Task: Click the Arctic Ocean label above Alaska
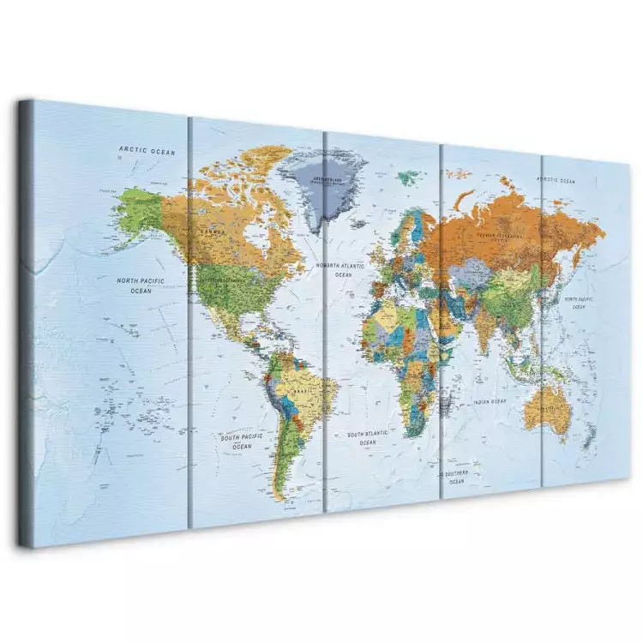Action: [x=147, y=152]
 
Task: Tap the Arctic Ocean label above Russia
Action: [x=556, y=181]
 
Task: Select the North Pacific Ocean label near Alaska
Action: [x=140, y=285]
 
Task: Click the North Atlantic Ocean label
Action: [x=342, y=270]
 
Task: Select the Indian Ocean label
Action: [x=490, y=401]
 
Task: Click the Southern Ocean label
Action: [x=455, y=477]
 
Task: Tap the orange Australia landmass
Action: [x=546, y=411]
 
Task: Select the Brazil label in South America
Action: [x=300, y=391]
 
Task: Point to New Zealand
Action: [x=590, y=439]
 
